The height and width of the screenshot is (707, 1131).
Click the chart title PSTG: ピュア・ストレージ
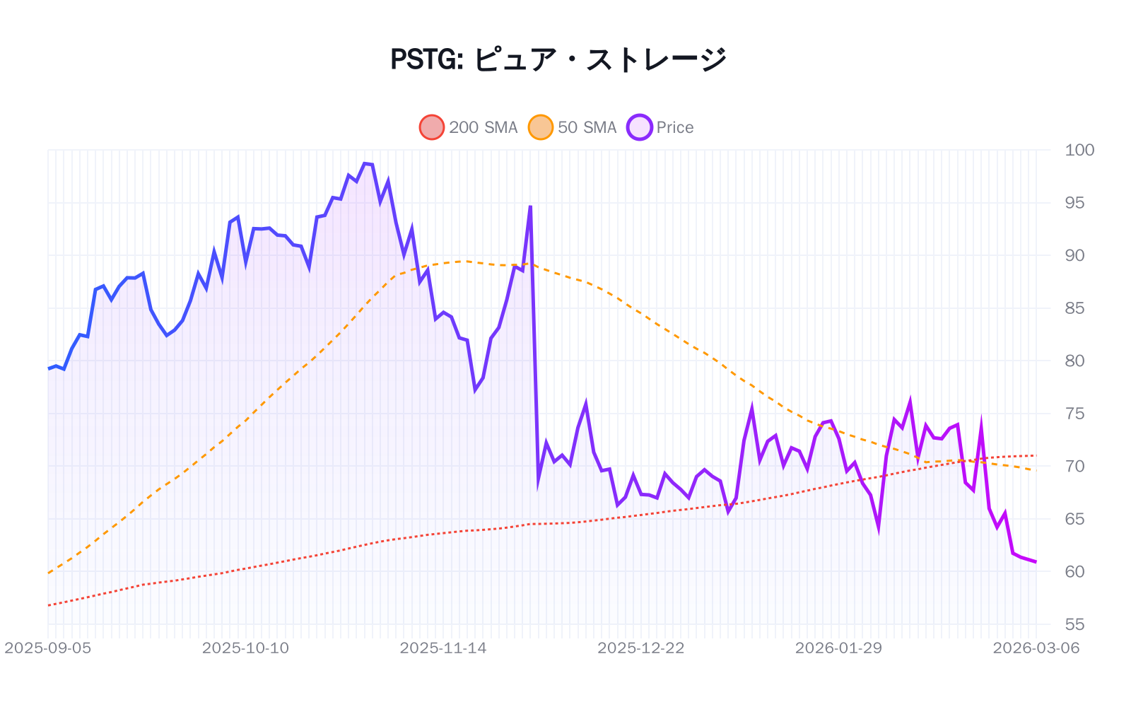pyautogui.click(x=558, y=59)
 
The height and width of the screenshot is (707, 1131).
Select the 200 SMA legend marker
pyautogui.click(x=431, y=127)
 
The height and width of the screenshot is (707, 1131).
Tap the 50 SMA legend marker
pyautogui.click(x=540, y=127)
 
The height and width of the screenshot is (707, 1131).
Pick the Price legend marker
pyautogui.click(x=639, y=127)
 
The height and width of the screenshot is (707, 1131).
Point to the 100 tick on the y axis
pyautogui.click(x=1079, y=150)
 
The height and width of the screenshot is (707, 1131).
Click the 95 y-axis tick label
pyautogui.click(x=1074, y=203)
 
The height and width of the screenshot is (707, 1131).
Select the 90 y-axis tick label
pyautogui.click(x=1074, y=255)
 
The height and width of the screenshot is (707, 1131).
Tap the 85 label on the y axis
pyautogui.click(x=1074, y=308)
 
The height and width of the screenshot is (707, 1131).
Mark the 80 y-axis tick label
pyautogui.click(x=1074, y=361)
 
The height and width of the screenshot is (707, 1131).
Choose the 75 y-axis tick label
pyautogui.click(x=1074, y=414)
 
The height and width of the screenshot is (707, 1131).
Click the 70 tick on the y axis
pyautogui.click(x=1074, y=466)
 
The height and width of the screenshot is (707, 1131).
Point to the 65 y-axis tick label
pyautogui.click(x=1074, y=519)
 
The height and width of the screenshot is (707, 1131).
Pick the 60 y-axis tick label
pyautogui.click(x=1074, y=571)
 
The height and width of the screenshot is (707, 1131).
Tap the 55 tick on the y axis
pyautogui.click(x=1074, y=624)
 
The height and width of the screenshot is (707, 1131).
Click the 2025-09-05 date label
pyautogui.click(x=48, y=648)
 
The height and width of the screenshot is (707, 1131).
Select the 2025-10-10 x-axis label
pyautogui.click(x=245, y=648)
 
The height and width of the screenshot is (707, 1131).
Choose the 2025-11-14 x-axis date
pyautogui.click(x=443, y=648)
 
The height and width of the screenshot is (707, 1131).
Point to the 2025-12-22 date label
pyautogui.click(x=641, y=648)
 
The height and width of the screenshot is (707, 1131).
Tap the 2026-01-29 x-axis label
pyautogui.click(x=838, y=648)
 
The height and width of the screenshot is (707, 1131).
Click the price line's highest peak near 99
pyautogui.click(x=365, y=163)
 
